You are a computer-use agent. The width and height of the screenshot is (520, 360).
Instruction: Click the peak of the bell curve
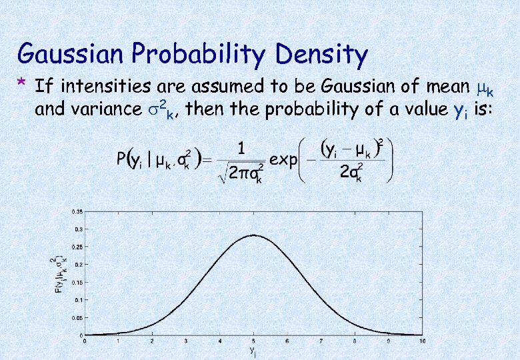[x=253, y=235]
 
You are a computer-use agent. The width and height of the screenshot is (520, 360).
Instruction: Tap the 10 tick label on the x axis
[x=422, y=341]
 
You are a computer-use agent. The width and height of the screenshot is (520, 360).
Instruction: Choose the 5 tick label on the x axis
[x=253, y=341]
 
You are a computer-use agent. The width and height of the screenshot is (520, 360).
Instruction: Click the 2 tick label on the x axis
[x=151, y=341]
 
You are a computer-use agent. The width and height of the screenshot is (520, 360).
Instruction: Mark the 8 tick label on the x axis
[x=355, y=341]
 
